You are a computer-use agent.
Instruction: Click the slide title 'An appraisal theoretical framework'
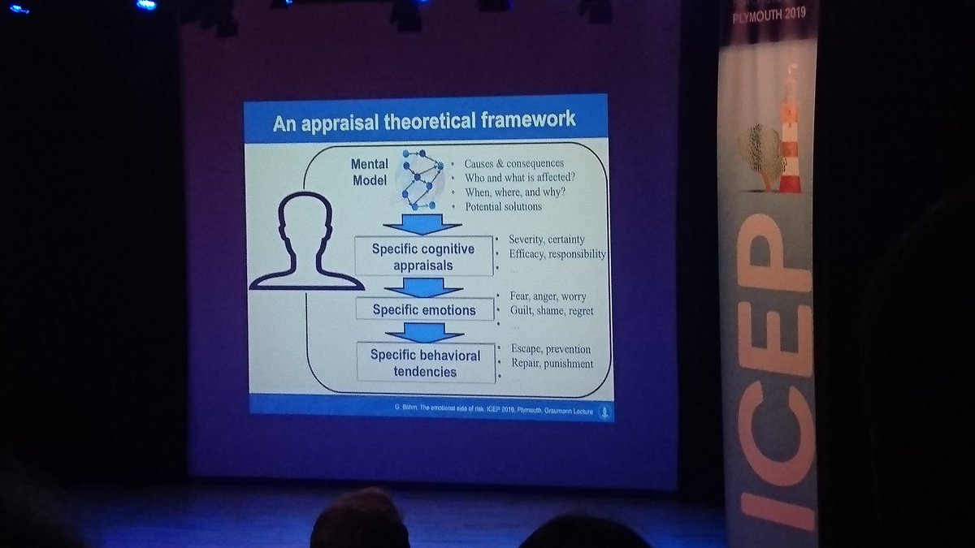coord(424,121)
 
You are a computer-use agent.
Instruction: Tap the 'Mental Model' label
coord(370,172)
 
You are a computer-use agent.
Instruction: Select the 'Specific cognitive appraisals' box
coord(423,257)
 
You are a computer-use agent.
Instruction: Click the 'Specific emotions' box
coord(423,309)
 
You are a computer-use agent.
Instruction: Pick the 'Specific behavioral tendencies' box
coord(425,363)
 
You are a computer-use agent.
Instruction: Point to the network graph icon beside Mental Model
coord(422,179)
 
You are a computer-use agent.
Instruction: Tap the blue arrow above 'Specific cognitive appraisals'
coord(423,222)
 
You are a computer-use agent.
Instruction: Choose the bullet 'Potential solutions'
coord(503,206)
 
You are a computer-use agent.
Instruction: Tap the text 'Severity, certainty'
coord(547,239)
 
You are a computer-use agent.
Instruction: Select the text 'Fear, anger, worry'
coord(548,296)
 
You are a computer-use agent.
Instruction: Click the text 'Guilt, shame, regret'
coord(551,311)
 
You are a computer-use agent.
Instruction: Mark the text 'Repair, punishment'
coord(552,363)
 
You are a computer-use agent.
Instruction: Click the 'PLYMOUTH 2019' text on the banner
coord(767,15)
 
